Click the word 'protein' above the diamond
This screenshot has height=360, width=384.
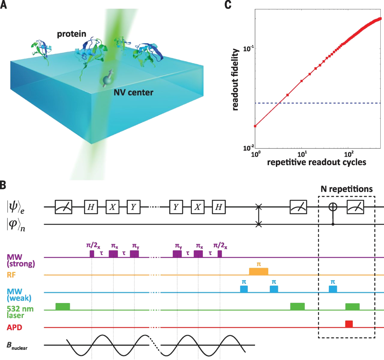[x=72, y=34]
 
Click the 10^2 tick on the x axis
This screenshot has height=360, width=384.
[x=349, y=154]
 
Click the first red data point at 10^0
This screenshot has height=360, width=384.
[x=255, y=126]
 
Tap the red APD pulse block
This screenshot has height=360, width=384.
[x=349, y=324]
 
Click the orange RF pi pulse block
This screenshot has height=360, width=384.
[x=259, y=271]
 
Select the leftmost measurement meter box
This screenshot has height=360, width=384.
[x=63, y=207]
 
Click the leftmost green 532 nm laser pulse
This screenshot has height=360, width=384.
[x=63, y=306]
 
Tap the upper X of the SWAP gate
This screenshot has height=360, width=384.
[x=258, y=207]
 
